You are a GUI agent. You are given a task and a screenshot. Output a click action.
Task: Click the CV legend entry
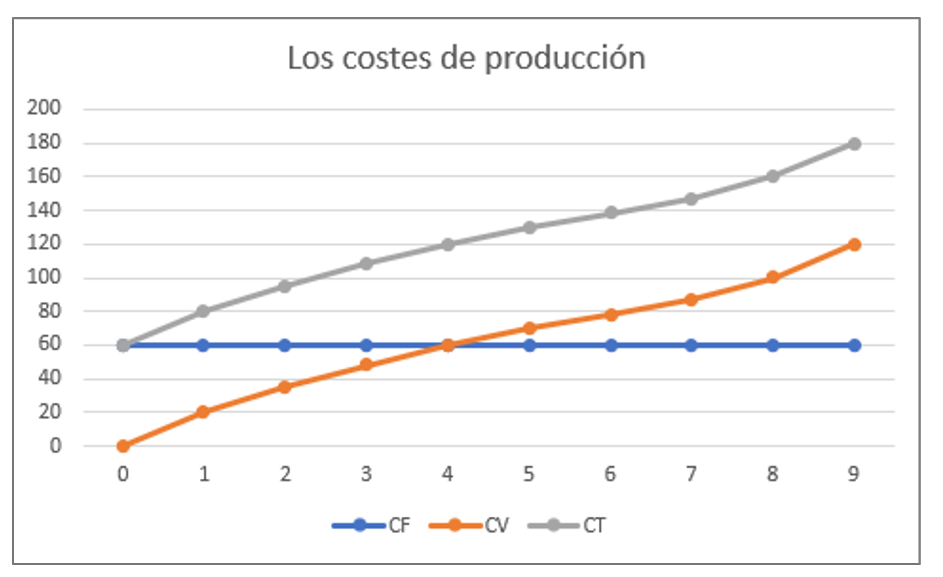pyautogui.click(x=472, y=526)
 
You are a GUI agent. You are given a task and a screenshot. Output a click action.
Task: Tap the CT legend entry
pyautogui.click(x=568, y=526)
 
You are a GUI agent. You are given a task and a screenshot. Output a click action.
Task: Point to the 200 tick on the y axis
pyautogui.click(x=44, y=109)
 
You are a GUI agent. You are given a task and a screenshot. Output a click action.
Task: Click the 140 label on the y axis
pyautogui.click(x=44, y=210)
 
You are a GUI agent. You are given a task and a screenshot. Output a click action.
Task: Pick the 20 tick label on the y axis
pyautogui.click(x=48, y=412)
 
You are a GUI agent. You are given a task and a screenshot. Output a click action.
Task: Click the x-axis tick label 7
pyautogui.click(x=691, y=474)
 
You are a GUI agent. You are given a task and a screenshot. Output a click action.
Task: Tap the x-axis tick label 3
pyautogui.click(x=366, y=474)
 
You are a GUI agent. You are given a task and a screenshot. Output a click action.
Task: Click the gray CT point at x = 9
pyautogui.click(x=854, y=144)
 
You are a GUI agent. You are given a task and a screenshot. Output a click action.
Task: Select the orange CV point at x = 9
pyautogui.click(x=854, y=245)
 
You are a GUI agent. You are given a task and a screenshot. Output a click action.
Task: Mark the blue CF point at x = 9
pyautogui.click(x=854, y=345)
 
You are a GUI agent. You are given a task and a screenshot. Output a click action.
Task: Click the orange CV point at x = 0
pyautogui.click(x=123, y=446)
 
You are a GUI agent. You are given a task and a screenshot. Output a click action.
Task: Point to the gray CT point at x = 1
pyautogui.click(x=203, y=312)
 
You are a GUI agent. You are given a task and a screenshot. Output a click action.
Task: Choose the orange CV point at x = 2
pyautogui.click(x=285, y=387)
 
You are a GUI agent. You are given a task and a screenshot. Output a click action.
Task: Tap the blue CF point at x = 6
pyautogui.click(x=610, y=345)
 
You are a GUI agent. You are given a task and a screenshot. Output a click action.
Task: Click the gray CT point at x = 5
pyautogui.click(x=529, y=228)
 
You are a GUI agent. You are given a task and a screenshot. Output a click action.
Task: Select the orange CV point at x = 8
pyautogui.click(x=773, y=277)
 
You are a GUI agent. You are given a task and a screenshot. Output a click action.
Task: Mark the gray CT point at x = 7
pyautogui.click(x=691, y=199)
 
